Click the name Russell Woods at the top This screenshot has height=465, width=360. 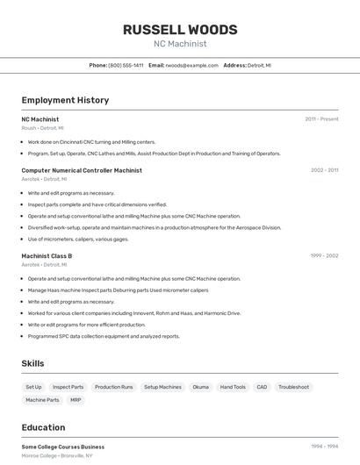click(180, 29)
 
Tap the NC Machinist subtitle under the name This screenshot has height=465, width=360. click(180, 44)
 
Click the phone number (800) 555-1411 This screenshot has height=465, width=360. click(126, 65)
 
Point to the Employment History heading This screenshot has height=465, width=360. click(65, 100)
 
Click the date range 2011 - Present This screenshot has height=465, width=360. click(321, 119)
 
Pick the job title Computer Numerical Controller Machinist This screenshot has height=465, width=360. click(82, 170)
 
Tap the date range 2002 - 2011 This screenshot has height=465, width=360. click(324, 170)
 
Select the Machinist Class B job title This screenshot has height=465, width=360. click(47, 256)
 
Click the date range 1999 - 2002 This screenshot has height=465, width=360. click(324, 256)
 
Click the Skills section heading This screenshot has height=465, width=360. click(33, 363)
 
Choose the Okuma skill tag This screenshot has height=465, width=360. click(200, 387)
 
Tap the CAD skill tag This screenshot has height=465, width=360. click(262, 387)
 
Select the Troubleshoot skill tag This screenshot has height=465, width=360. click(293, 387)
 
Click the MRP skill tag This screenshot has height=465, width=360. click(76, 400)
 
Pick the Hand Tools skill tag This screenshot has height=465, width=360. click(233, 387)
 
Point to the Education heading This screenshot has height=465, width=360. click(43, 427)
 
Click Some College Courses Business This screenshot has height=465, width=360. click(63, 447)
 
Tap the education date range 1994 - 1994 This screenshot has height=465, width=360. click(324, 447)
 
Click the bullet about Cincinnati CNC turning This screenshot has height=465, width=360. click(91, 141)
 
